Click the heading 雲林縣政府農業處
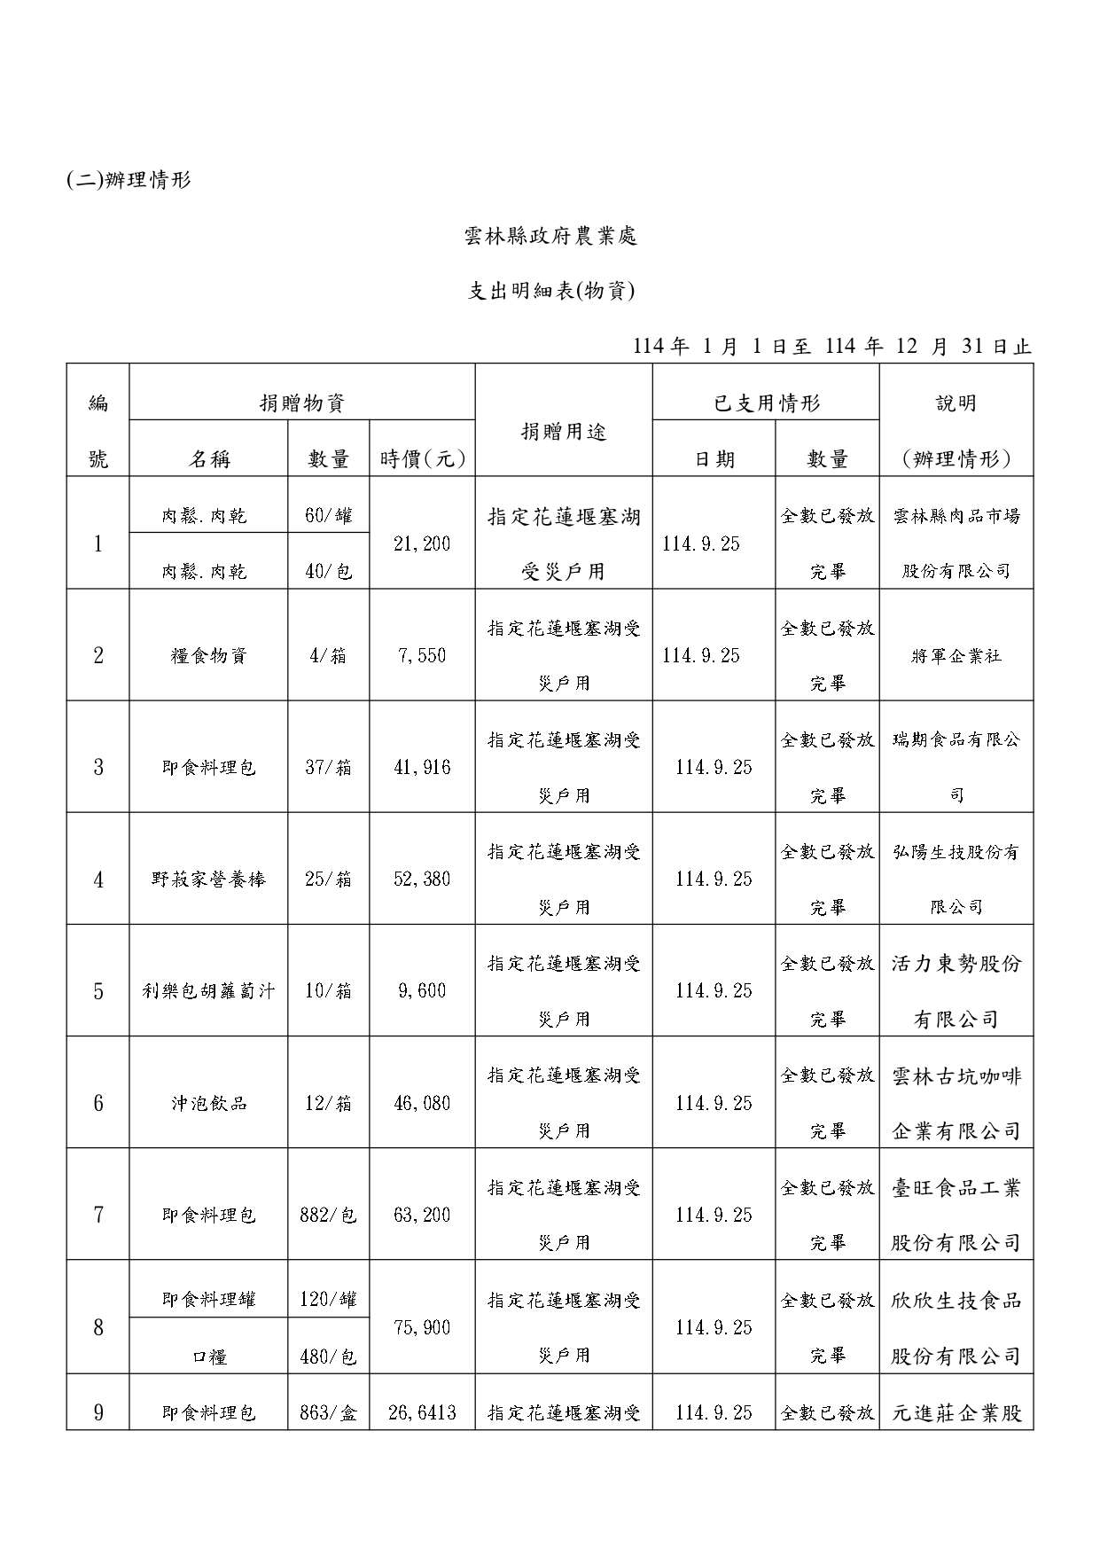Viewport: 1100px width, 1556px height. coord(550,236)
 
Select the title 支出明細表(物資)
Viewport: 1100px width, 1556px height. coord(550,291)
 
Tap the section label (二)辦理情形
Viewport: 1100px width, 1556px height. coord(129,180)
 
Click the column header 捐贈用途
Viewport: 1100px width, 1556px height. coord(564,432)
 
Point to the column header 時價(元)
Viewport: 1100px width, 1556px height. coord(422,458)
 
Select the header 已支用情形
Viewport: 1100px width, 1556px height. coord(766,403)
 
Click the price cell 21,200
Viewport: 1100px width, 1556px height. coord(422,543)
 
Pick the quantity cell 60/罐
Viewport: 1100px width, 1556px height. coord(328,515)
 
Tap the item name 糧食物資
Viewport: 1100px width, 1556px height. coord(208,656)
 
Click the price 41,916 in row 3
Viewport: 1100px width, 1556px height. coord(422,767)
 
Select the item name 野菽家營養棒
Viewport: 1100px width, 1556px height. coord(208,880)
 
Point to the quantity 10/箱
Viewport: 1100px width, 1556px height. coord(328,990)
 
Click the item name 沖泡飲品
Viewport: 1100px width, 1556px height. coord(208,1103)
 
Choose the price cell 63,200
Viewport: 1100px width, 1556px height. coord(422,1215)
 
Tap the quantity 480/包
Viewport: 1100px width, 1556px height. coord(328,1356)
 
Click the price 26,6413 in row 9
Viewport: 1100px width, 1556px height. coord(422,1412)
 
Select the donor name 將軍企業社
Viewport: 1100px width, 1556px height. coord(956,656)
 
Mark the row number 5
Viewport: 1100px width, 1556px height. coord(98,990)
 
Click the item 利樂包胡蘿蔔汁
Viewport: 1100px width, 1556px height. coord(208,990)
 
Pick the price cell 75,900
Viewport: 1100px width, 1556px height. coord(422,1327)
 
